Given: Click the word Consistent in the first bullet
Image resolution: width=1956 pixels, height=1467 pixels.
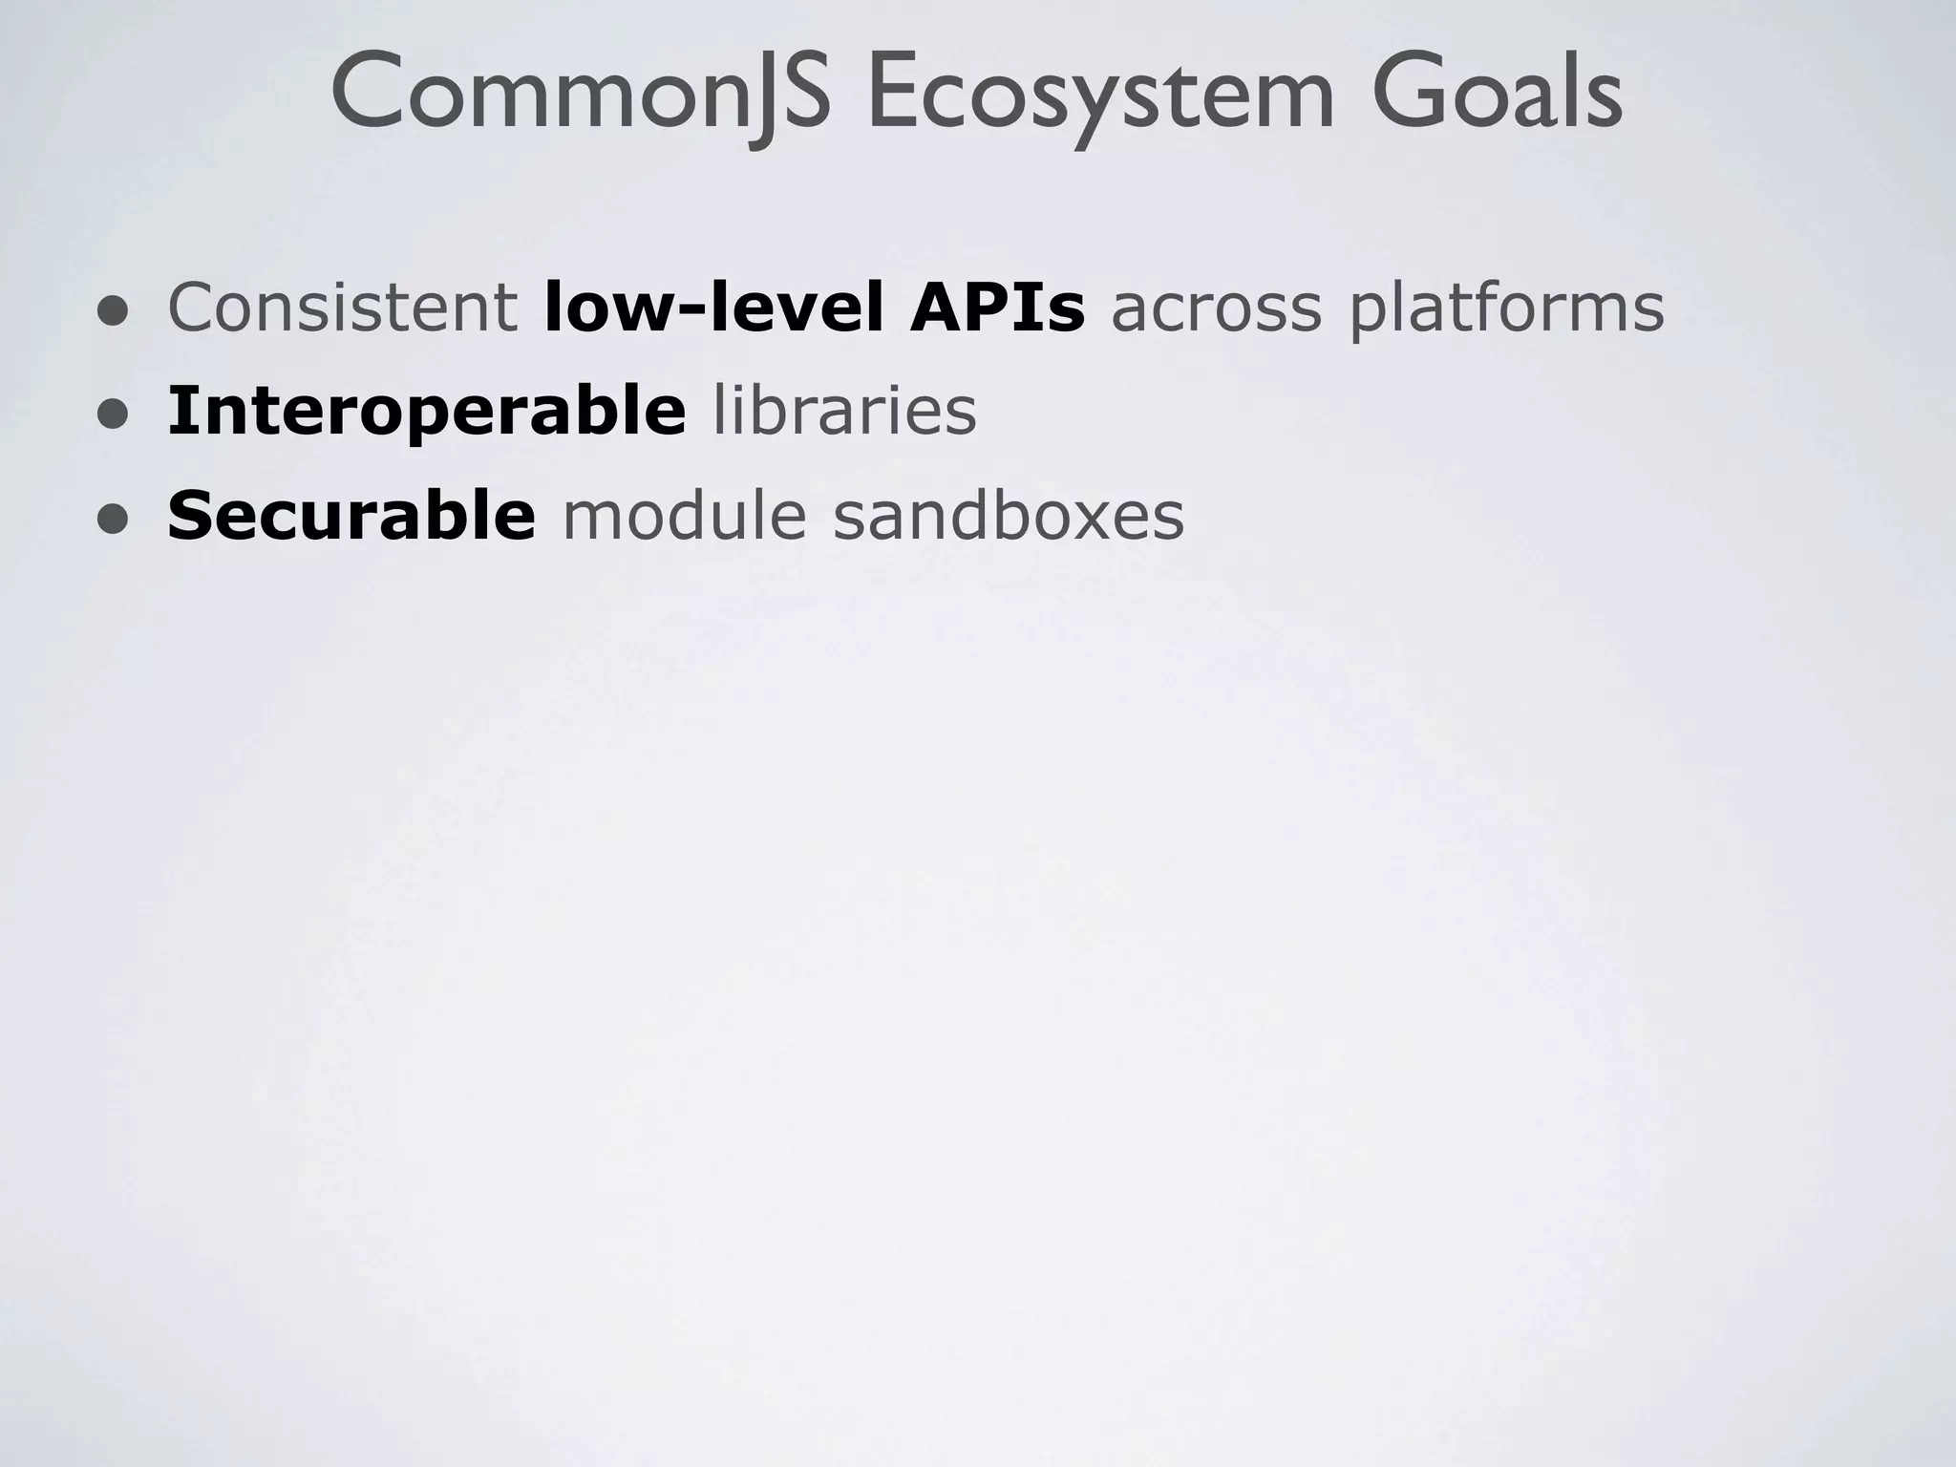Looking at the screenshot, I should tap(342, 308).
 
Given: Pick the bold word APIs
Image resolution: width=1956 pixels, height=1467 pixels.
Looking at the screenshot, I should tap(997, 308).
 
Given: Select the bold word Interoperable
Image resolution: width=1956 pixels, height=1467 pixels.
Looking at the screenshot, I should tap(426, 413).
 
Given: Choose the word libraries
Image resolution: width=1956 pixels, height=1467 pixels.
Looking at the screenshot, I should tap(844, 411).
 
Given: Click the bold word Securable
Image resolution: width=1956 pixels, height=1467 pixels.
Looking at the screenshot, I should tap(351, 516).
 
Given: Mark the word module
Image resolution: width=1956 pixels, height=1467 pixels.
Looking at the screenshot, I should tap(684, 516).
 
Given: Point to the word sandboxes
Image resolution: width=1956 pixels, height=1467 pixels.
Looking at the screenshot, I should tap(1009, 516).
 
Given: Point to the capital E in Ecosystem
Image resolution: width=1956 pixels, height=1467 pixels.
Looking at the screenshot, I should tap(893, 94).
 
